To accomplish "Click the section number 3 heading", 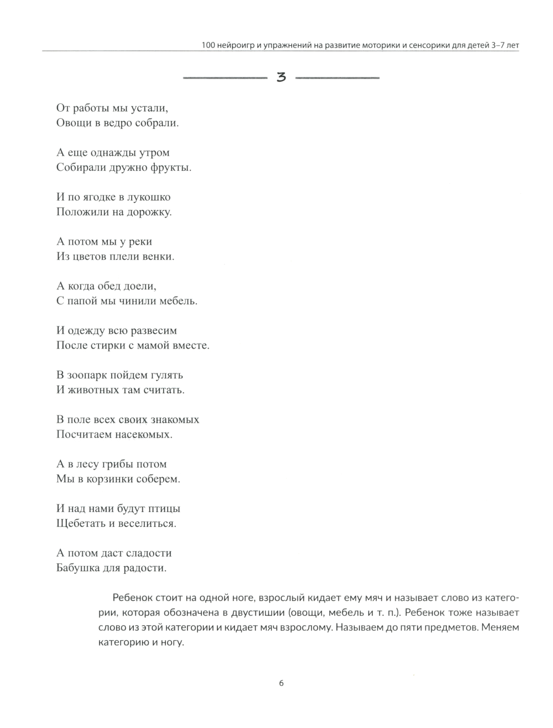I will click(x=281, y=78).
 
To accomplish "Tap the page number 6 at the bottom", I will click(x=281, y=683).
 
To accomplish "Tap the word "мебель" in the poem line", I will click(x=178, y=302).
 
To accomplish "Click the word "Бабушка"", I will click(x=80, y=568).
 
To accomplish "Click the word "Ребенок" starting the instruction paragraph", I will click(x=131, y=598).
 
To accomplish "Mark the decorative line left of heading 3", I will click(x=224, y=78).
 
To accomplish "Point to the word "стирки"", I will click(x=116, y=346).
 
